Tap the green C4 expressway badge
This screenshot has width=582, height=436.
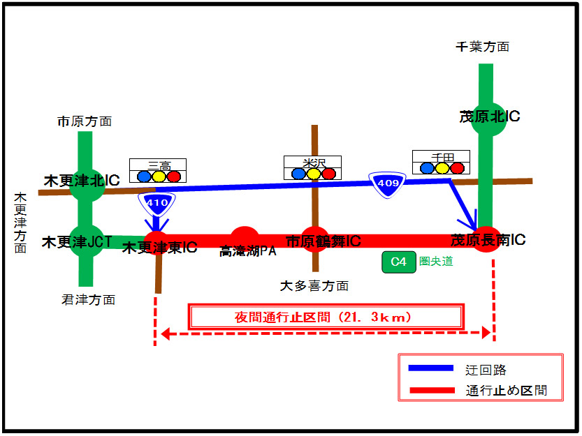click(398, 262)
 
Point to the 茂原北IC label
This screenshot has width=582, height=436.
click(489, 116)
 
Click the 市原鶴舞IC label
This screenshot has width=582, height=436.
click(323, 241)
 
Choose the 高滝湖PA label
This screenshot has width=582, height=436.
click(248, 251)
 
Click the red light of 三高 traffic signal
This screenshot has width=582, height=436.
click(174, 176)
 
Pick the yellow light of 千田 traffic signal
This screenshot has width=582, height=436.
click(442, 168)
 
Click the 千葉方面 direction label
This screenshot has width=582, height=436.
click(482, 47)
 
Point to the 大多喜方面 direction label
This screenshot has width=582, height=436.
click(314, 285)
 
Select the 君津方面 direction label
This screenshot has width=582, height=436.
click(88, 300)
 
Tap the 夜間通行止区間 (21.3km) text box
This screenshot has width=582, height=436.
click(326, 317)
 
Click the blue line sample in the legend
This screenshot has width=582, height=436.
click(431, 369)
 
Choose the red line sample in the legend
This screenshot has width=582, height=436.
click(431, 391)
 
